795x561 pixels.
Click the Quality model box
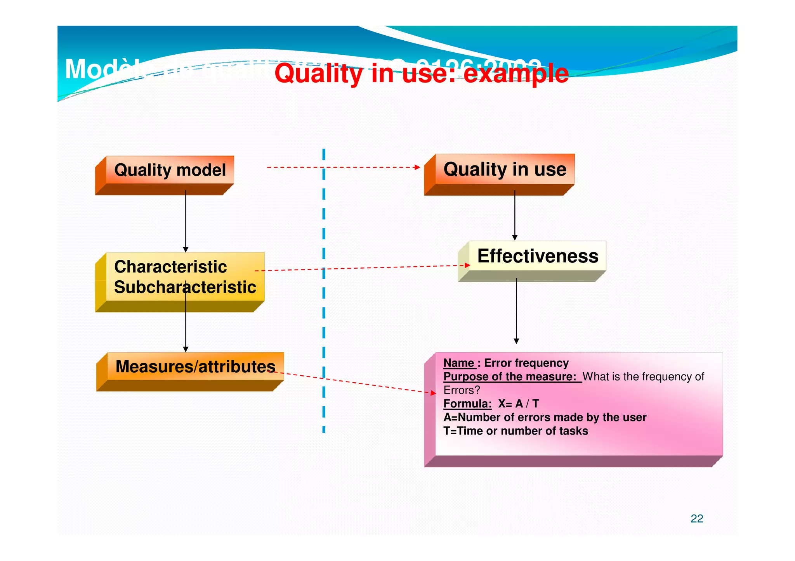click(x=170, y=170)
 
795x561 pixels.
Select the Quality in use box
click(x=505, y=169)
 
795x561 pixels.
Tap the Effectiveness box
click(x=537, y=256)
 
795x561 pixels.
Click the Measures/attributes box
click(x=195, y=367)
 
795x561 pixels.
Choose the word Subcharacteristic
click(x=185, y=287)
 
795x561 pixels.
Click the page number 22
click(x=696, y=519)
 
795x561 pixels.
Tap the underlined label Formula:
click(x=467, y=404)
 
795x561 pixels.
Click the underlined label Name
click(x=459, y=363)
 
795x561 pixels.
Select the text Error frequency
click(x=526, y=363)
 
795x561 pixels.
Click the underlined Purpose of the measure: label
click(x=510, y=377)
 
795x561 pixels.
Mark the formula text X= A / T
click(x=518, y=404)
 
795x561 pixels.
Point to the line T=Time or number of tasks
click(x=515, y=431)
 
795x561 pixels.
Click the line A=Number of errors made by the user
click(x=545, y=418)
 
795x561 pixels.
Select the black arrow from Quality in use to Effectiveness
click(x=515, y=215)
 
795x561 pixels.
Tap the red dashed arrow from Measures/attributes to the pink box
click(x=357, y=383)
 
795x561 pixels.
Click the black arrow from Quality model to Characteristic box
click(x=186, y=221)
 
